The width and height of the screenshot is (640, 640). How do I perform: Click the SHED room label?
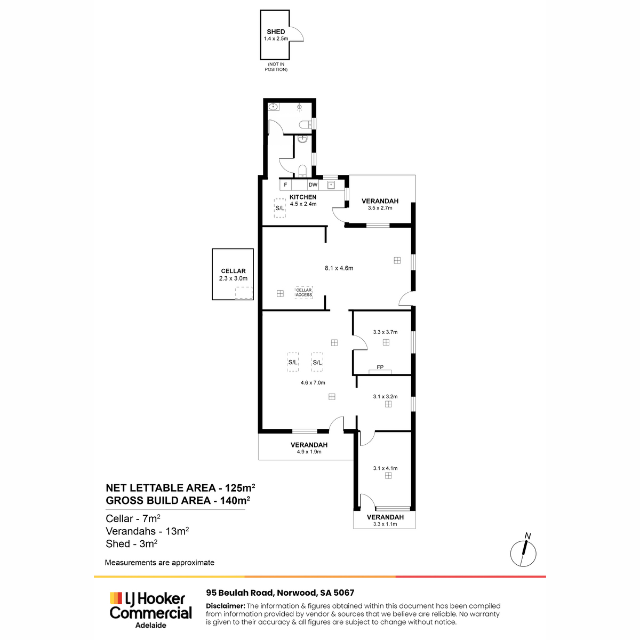(276, 32)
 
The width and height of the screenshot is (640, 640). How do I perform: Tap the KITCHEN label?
(302, 197)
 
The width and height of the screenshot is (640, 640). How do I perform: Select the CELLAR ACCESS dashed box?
(303, 292)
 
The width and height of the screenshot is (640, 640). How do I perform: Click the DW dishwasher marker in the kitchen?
(313, 185)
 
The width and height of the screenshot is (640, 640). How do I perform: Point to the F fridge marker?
(285, 185)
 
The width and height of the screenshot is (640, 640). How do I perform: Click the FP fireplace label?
(380, 367)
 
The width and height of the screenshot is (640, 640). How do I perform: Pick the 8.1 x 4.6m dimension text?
(339, 268)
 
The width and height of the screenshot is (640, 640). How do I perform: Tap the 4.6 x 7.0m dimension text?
(313, 382)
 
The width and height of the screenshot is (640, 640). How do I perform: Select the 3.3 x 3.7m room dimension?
(385, 332)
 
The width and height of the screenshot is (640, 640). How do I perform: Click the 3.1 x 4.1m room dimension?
(385, 468)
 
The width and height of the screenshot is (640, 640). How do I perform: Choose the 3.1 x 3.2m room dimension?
(385, 397)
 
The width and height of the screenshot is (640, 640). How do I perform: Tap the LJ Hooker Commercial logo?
(151, 610)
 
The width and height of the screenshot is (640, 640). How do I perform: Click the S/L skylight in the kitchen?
(279, 208)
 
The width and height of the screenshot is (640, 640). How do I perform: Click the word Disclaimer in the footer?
(226, 606)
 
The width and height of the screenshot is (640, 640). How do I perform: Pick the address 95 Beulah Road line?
(280, 593)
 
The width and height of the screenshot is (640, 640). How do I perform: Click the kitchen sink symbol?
(331, 185)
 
